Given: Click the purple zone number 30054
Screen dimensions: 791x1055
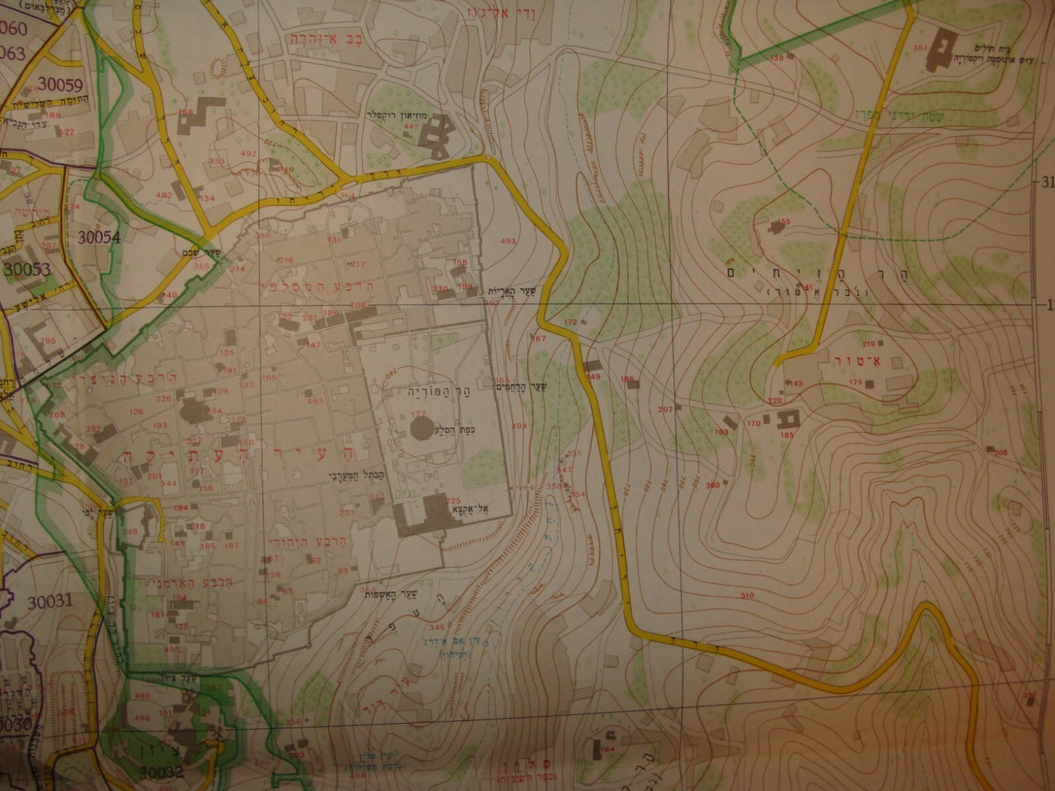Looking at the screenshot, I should (x=96, y=236).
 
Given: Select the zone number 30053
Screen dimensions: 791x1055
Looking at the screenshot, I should (x=27, y=269).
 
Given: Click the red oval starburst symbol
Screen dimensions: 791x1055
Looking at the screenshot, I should (x=217, y=66).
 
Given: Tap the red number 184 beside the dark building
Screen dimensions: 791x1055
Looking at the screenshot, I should (x=607, y=749).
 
